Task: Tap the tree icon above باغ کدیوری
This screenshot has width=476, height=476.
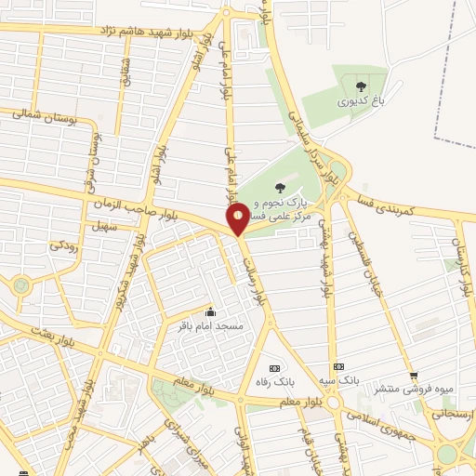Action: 361,87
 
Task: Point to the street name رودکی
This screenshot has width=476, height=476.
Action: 62,245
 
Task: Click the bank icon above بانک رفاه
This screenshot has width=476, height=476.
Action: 273,367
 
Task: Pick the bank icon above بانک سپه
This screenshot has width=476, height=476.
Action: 338,366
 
